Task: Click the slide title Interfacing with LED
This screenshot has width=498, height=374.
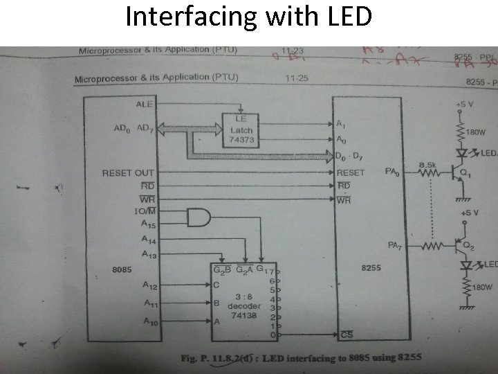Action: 248,17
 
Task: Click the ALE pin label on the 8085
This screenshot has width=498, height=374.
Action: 145,104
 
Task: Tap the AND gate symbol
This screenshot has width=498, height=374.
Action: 199,218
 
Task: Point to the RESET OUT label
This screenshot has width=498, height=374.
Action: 128,172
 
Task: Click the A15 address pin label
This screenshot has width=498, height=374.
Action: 148,224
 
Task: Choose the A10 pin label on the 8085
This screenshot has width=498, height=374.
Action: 150,321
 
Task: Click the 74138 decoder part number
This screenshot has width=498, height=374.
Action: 246,315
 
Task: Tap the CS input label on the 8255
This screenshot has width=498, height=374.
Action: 348,335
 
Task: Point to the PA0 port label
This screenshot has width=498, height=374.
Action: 392,170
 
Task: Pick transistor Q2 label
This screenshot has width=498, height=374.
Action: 468,245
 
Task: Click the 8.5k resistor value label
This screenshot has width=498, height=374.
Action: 427,164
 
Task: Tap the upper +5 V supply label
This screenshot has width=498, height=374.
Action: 463,104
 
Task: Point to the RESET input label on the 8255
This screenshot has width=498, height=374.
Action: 351,172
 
